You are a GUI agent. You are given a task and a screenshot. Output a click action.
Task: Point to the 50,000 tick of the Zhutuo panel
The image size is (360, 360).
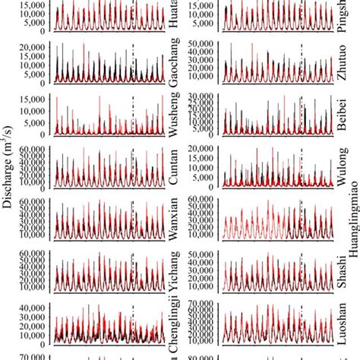pyautogui.click(x=202, y=45)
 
